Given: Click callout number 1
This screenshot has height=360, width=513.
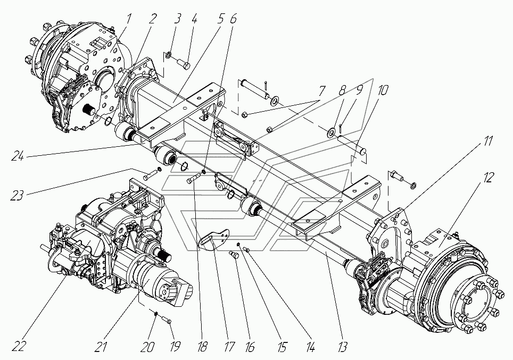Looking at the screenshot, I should [129, 20].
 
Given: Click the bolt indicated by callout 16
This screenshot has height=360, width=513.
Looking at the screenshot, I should [233, 256].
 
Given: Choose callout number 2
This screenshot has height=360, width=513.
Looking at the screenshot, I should [153, 20].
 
